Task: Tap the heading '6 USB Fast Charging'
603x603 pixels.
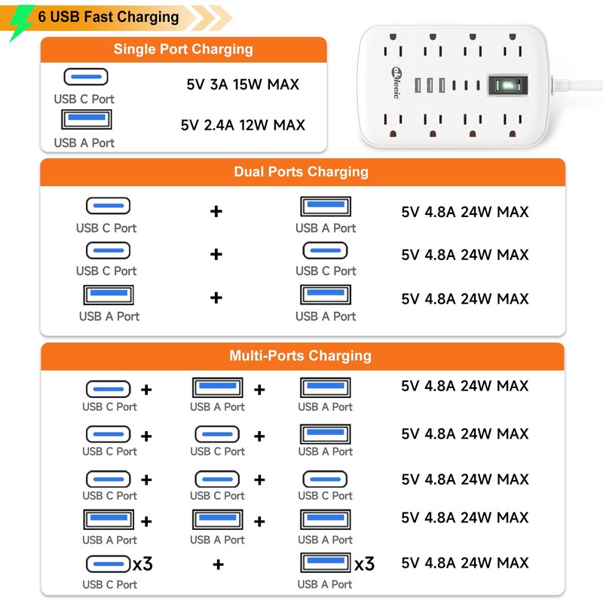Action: click(109, 17)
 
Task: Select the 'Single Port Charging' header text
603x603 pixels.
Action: click(183, 49)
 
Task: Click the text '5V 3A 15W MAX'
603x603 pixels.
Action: click(243, 84)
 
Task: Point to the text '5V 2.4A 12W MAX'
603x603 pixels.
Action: click(243, 125)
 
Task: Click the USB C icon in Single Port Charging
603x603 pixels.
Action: click(86, 77)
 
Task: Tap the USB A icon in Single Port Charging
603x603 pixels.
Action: click(87, 119)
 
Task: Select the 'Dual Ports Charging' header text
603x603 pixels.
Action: click(301, 172)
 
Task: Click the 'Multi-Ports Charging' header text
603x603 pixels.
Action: click(300, 356)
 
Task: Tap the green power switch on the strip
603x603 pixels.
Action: click(508, 85)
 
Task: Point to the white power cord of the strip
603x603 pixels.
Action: click(577, 84)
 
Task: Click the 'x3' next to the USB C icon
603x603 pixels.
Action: click(142, 564)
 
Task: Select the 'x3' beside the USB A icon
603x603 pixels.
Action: click(364, 564)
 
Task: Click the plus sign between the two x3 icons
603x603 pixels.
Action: click(218, 565)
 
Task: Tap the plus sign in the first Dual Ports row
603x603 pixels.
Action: click(216, 211)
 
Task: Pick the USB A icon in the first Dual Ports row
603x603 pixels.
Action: click(326, 207)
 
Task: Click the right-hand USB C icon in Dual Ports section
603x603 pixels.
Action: click(326, 250)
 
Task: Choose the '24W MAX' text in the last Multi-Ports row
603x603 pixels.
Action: click(494, 563)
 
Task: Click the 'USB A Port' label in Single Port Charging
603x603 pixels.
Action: click(84, 143)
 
